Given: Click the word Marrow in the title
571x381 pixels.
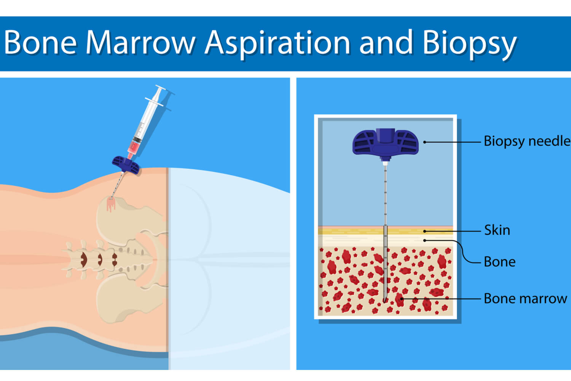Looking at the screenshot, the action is [x=140, y=42].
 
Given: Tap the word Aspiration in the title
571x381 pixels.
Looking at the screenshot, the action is [x=278, y=44].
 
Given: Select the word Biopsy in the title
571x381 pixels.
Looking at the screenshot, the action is [x=469, y=44].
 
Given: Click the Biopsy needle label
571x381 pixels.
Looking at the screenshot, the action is [x=527, y=141].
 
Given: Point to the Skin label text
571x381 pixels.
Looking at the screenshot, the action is [x=497, y=230].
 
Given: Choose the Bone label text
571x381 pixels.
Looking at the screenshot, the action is [x=499, y=262].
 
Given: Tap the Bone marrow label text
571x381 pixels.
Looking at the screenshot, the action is [x=525, y=298].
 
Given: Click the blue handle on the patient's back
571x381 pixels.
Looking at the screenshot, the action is [x=126, y=165].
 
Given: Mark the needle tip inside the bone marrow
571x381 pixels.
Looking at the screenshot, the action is [x=384, y=301].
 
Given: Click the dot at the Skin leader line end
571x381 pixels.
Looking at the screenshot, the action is [x=425, y=232].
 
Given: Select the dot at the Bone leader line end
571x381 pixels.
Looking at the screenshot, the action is [x=425, y=240].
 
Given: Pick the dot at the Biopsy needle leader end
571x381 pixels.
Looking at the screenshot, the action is [x=425, y=142].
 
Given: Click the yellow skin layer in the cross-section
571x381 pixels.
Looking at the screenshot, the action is [x=385, y=232].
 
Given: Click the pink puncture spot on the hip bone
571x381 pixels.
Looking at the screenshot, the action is [x=111, y=205].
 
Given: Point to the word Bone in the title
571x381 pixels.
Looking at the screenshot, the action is [x=40, y=42].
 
